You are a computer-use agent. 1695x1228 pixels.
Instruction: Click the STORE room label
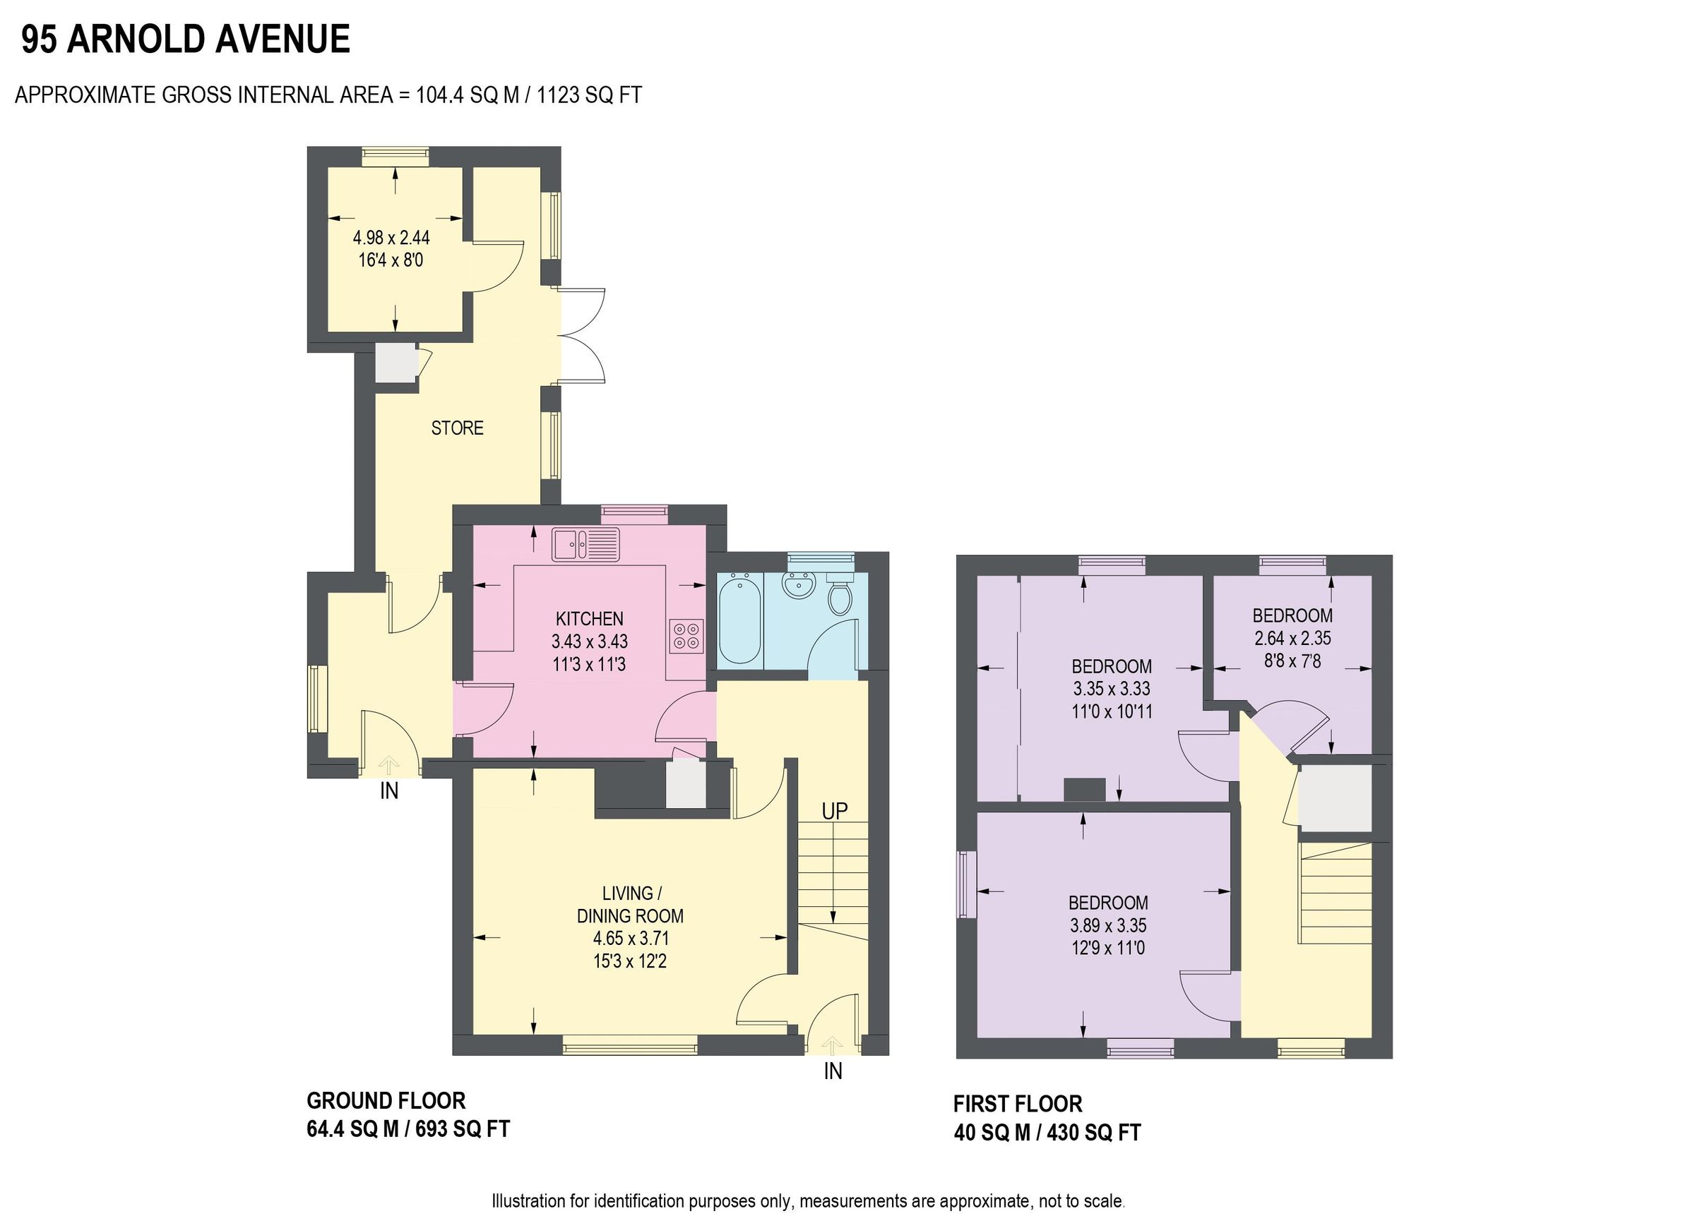pyautogui.click(x=457, y=428)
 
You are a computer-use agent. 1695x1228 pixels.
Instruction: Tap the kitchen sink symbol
pyautogui.click(x=586, y=545)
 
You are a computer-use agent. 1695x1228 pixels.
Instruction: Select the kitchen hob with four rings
pyautogui.click(x=686, y=635)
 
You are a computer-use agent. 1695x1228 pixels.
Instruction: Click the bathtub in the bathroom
pyautogui.click(x=739, y=618)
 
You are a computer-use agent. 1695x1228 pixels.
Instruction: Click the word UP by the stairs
pyautogui.click(x=834, y=810)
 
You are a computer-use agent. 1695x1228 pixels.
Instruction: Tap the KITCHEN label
pyautogui.click(x=589, y=618)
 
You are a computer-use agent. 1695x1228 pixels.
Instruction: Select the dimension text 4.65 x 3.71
pyautogui.click(x=630, y=938)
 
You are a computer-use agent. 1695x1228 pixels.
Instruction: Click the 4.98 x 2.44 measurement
pyautogui.click(x=391, y=238)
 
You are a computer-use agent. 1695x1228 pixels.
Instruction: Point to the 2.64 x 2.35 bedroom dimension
pyautogui.click(x=1292, y=639)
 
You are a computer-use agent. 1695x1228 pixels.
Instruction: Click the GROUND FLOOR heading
pyautogui.click(x=386, y=1100)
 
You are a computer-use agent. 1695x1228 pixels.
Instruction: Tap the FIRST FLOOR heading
pyautogui.click(x=1017, y=1104)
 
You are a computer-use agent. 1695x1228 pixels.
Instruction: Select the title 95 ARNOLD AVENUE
pyautogui.click(x=185, y=39)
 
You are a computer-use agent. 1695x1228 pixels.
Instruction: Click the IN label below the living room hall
pyautogui.click(x=833, y=1071)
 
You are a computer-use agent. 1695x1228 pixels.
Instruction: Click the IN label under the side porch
pyautogui.click(x=388, y=791)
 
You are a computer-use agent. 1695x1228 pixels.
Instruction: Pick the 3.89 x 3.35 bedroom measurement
pyautogui.click(x=1107, y=925)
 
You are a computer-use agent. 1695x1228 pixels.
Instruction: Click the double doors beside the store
pyautogui.click(x=582, y=335)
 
